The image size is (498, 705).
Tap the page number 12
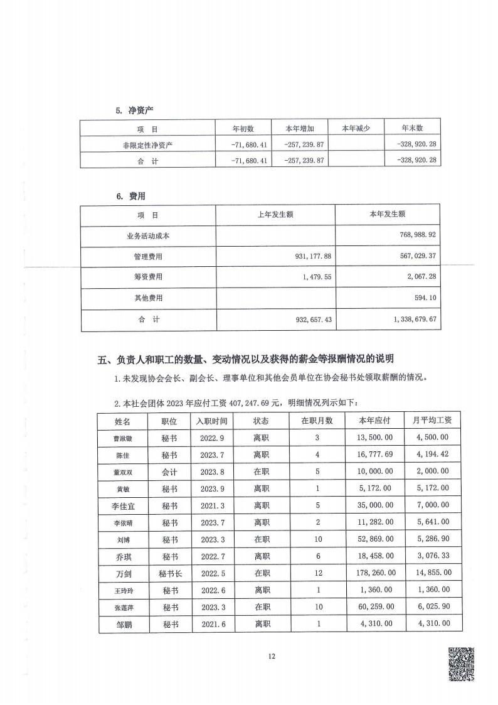click(272, 656)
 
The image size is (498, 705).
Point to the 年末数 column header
click(412, 128)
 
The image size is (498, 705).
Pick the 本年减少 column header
click(356, 128)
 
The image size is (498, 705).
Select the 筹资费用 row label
click(148, 277)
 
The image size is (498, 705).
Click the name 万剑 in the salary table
click(123, 573)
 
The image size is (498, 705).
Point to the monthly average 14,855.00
click(427, 573)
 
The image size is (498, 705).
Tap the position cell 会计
click(170, 471)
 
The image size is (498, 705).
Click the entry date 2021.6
click(212, 623)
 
